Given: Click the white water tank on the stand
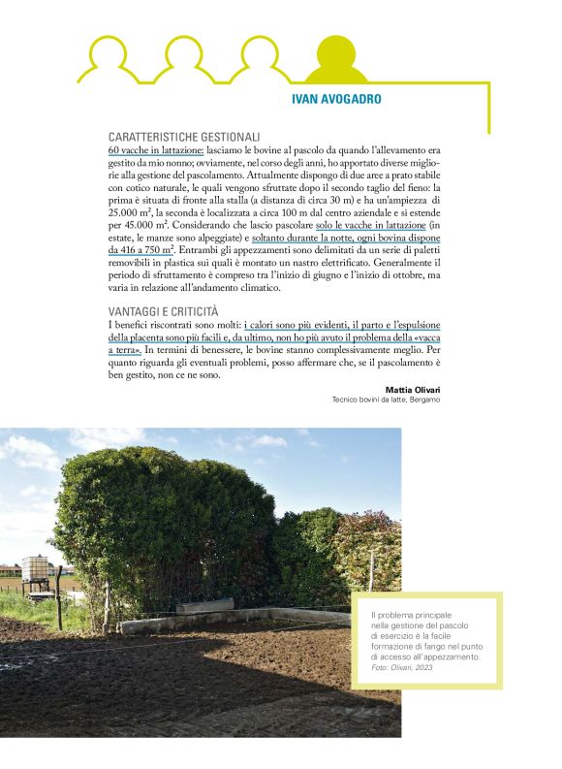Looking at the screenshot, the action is click(35, 568).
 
